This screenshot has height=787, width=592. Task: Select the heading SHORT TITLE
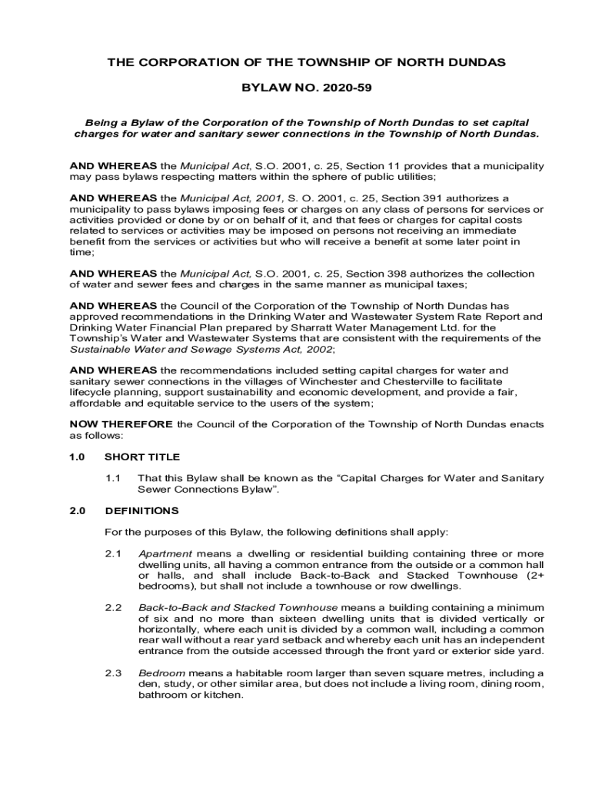142,457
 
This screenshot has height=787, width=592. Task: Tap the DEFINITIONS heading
141,510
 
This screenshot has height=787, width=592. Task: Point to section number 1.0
77,457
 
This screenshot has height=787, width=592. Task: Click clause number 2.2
114,607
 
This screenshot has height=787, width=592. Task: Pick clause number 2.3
114,673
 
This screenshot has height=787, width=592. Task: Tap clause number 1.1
114,478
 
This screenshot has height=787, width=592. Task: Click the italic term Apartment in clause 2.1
165,553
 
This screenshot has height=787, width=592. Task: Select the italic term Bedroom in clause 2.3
161,673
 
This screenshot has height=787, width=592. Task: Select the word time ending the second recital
81,251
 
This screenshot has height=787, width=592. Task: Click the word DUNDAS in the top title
476,62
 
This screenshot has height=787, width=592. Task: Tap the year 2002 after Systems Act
318,349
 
